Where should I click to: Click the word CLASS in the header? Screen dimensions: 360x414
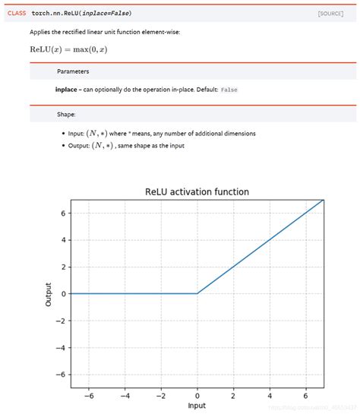(x=17, y=14)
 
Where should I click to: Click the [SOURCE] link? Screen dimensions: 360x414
(x=330, y=14)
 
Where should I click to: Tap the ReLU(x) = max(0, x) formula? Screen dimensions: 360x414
(x=68, y=49)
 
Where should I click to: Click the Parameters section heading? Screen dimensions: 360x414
(x=73, y=71)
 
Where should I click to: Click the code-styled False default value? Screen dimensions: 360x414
(x=229, y=90)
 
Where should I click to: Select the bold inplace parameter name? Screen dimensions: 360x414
(x=66, y=90)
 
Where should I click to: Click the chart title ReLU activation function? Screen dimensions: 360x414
(x=197, y=191)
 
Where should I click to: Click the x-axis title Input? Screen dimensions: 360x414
(x=197, y=406)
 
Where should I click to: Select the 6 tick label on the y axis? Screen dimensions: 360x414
(x=64, y=213)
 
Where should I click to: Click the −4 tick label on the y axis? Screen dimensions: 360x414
(x=62, y=347)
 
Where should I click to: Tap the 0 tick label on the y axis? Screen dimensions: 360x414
(x=64, y=293)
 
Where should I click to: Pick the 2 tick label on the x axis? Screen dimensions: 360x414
(x=233, y=395)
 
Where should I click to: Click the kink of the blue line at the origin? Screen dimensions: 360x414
(x=197, y=293)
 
